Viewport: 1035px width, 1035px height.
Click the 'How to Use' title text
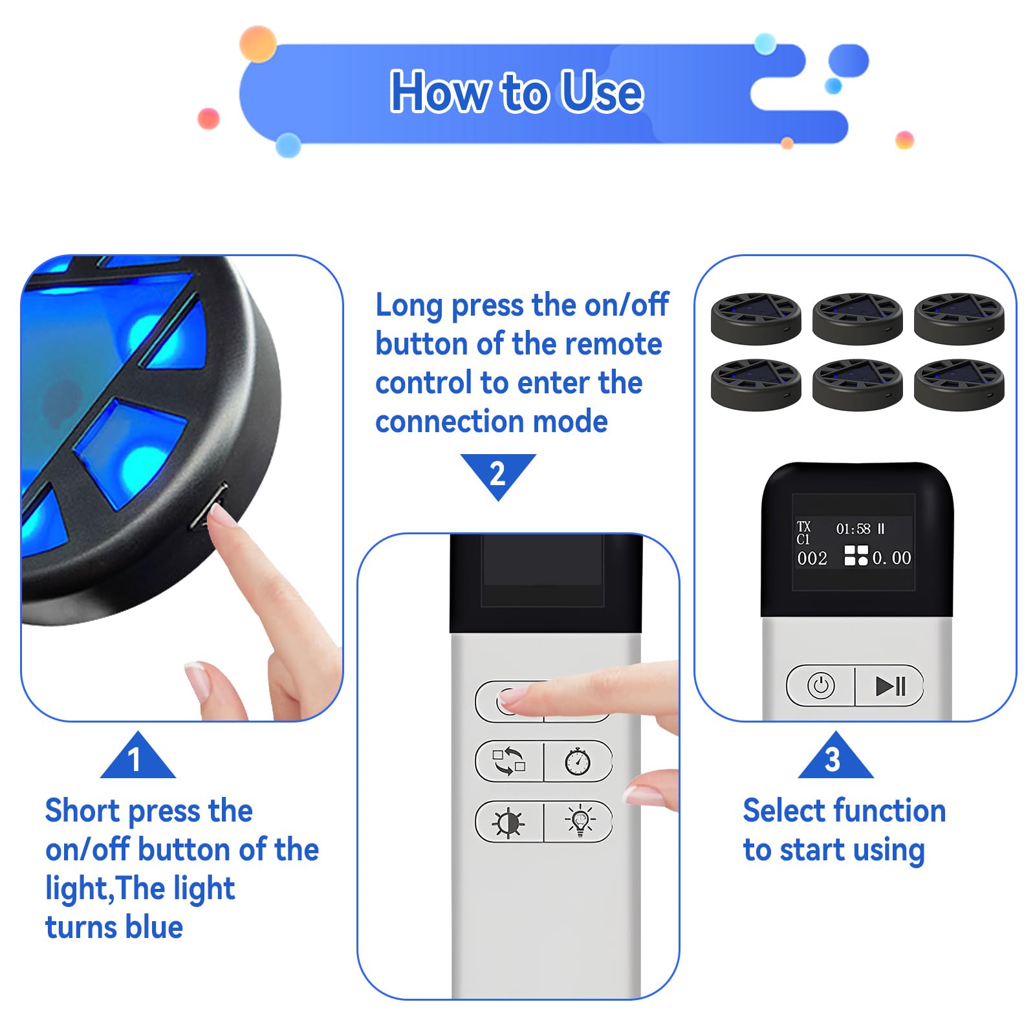click(x=516, y=92)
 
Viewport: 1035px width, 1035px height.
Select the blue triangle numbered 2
click(x=498, y=475)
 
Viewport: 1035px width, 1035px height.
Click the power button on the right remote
click(x=821, y=686)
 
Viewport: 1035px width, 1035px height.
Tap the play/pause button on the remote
click(x=890, y=686)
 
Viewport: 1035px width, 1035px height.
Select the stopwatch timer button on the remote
click(x=578, y=761)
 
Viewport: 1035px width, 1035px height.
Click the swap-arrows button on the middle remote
click(x=509, y=761)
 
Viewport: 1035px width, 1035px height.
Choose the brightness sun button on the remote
click(x=508, y=822)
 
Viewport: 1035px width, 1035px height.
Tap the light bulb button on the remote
click(x=580, y=822)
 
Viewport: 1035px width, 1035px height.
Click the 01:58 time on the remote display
click(x=853, y=529)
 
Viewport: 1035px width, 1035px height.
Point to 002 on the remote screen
click(x=812, y=558)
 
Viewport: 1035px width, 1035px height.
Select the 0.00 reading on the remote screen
click(x=892, y=558)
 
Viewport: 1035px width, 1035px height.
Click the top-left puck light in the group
click(x=756, y=318)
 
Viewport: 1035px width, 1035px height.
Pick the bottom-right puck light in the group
click(x=959, y=385)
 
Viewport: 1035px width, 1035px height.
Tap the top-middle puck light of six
click(x=857, y=318)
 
